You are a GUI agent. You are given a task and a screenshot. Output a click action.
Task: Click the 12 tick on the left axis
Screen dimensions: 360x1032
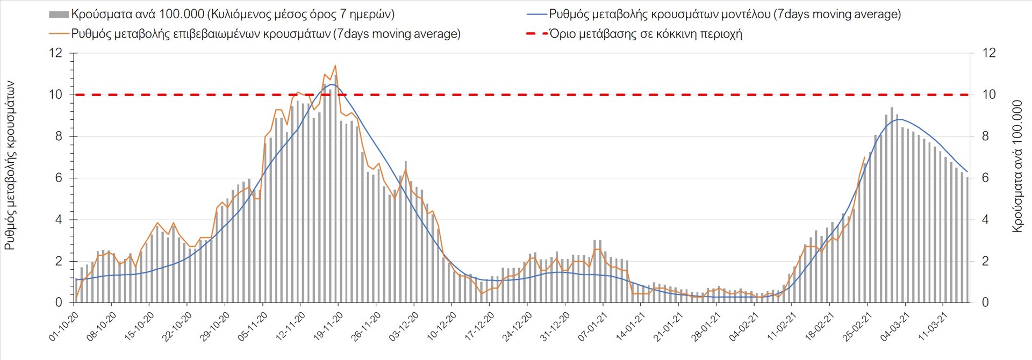point(55,53)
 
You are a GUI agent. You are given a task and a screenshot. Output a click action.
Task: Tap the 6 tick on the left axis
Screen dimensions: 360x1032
point(59,178)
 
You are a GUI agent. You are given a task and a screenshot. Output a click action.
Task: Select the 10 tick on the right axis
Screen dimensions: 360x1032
point(989,95)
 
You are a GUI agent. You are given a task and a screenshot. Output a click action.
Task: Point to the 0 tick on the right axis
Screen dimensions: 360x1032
point(985,303)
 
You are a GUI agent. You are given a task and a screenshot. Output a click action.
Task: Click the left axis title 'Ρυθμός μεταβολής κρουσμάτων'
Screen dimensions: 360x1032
point(10,165)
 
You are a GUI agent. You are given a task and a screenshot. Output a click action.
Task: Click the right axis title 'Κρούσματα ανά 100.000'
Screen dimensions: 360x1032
point(1017,166)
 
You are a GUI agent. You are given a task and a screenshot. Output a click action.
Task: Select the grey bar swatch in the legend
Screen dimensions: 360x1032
point(59,15)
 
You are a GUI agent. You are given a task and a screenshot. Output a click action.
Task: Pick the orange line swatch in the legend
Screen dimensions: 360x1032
point(59,34)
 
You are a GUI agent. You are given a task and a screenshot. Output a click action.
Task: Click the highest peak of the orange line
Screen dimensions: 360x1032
point(335,66)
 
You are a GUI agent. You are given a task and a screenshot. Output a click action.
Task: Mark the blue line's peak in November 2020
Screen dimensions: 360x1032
point(332,84)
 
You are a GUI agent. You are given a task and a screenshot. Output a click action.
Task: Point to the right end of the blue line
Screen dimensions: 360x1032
point(967,171)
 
